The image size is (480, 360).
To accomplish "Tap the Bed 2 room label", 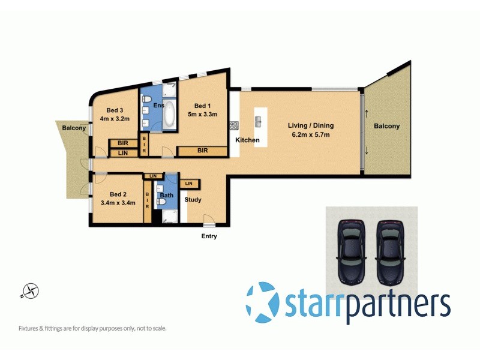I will click(118, 194).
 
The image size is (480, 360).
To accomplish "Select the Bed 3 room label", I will click(115, 110).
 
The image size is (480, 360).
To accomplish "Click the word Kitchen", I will click(247, 140).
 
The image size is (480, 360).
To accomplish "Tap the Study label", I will click(193, 200).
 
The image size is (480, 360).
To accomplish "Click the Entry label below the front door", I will click(209, 236).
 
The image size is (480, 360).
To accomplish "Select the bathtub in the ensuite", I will click(169, 114).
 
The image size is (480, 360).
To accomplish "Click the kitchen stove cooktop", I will click(233, 126).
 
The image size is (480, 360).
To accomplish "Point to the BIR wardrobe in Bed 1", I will click(202, 151).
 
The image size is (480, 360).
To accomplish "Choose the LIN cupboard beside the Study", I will click(189, 183).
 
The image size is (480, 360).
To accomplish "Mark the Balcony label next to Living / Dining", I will click(386, 126).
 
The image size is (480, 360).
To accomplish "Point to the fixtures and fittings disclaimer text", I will click(92, 328).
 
